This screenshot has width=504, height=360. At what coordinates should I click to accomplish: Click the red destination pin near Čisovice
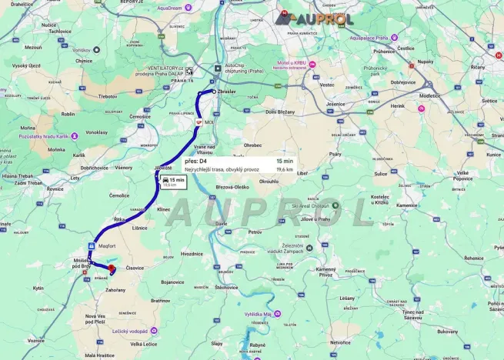(112, 268)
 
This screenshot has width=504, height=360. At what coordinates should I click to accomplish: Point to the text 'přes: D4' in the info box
(196, 162)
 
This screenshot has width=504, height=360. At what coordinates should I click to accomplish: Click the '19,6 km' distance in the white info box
(284, 169)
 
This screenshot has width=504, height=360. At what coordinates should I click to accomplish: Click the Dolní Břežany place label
(280, 112)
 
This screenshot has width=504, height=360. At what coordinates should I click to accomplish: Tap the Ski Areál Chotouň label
(315, 206)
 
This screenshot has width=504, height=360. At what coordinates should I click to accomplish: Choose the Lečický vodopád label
(129, 332)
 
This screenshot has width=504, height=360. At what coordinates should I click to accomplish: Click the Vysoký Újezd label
(25, 66)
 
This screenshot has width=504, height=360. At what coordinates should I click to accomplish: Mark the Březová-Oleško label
(232, 187)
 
